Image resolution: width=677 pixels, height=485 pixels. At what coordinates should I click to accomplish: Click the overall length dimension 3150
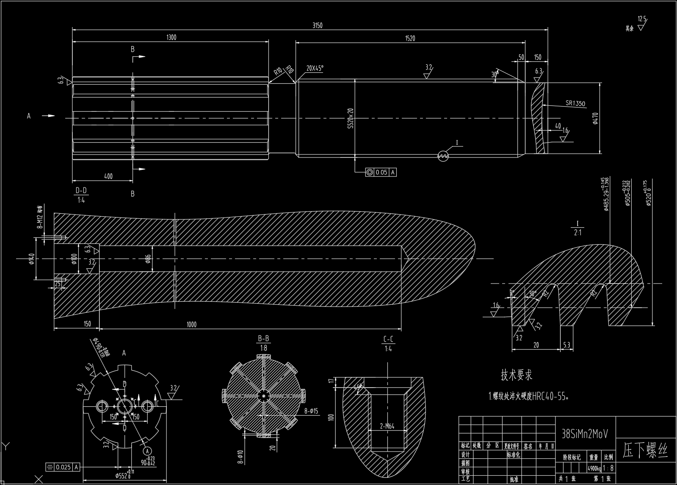click(x=317, y=25)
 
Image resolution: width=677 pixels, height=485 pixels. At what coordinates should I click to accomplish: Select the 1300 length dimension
click(x=171, y=37)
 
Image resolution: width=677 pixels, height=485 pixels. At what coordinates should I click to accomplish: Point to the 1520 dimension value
click(x=410, y=39)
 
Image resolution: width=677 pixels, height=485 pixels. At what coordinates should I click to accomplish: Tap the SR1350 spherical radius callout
click(x=575, y=103)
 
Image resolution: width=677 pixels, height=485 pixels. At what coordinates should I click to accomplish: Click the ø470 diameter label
click(x=595, y=118)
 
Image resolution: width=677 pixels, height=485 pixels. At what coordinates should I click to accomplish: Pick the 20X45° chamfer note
click(x=315, y=68)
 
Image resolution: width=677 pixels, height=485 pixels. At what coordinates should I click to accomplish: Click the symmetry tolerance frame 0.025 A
click(x=63, y=467)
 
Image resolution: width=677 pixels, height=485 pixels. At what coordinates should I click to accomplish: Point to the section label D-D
click(x=81, y=191)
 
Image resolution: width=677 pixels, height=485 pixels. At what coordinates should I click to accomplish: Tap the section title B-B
click(x=263, y=339)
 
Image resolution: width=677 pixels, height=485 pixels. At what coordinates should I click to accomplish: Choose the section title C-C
click(x=388, y=339)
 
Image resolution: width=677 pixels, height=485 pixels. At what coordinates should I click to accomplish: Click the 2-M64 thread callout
click(x=387, y=426)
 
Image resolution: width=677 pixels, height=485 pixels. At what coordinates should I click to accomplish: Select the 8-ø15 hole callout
click(x=311, y=411)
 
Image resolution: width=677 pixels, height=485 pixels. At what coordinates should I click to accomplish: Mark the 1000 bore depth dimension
click(x=192, y=324)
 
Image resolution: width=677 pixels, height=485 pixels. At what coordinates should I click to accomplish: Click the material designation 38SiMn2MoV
click(x=584, y=434)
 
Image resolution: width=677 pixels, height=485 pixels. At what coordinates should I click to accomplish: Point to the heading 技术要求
click(x=517, y=375)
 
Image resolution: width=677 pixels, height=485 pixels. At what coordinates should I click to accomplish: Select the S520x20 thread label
click(x=351, y=118)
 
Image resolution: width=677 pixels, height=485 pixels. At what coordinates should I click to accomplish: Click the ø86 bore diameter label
click(x=148, y=259)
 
